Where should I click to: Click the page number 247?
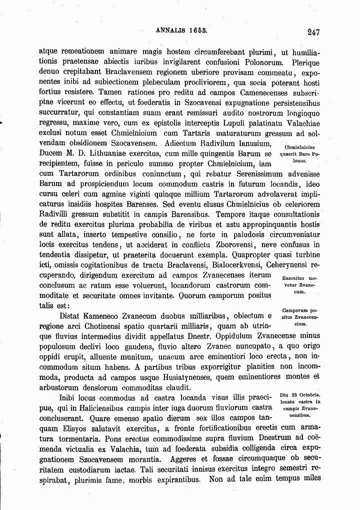[x=313, y=33]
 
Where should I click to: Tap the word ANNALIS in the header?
[x=171, y=31]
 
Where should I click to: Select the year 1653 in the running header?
[x=198, y=31]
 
